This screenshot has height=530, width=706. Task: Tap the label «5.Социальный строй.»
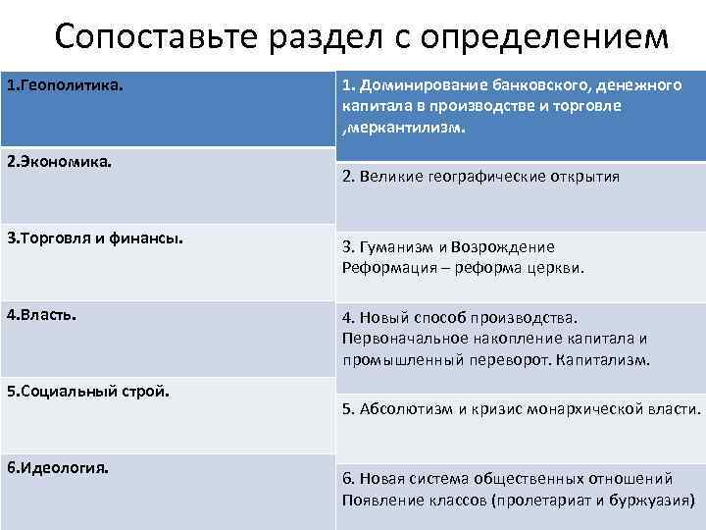point(88,391)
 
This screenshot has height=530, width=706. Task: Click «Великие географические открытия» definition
point(480,178)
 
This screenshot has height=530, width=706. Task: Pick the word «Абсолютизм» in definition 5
point(406,408)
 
